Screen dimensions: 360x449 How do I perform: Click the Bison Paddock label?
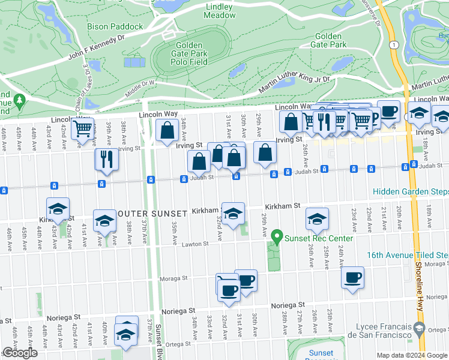pos(115,26)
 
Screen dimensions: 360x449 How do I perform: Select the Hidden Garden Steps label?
pos(410,192)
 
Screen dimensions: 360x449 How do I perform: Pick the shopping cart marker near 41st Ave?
pos(83,128)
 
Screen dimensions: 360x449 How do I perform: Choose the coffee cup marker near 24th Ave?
pos(353,277)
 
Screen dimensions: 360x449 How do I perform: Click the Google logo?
pos(20,353)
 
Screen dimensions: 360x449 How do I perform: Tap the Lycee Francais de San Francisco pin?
pos(420,328)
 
